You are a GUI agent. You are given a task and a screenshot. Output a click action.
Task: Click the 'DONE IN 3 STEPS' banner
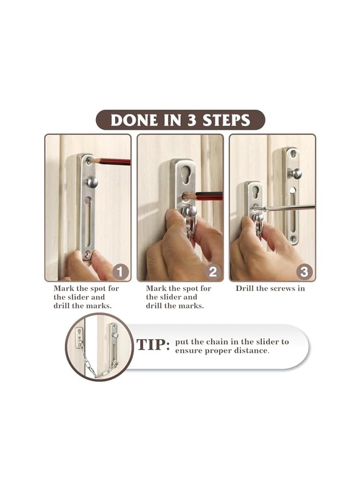pyautogui.click(x=180, y=120)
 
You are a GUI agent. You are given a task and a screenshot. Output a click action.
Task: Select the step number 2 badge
pyautogui.click(x=212, y=271)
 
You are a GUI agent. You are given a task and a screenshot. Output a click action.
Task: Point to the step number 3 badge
pyautogui.click(x=304, y=271)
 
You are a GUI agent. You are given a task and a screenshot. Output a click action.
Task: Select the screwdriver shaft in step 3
pyautogui.click(x=289, y=207)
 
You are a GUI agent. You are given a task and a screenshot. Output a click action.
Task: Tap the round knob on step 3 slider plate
pyautogui.click(x=295, y=173)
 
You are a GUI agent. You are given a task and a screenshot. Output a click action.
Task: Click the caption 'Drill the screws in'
pyautogui.click(x=270, y=288)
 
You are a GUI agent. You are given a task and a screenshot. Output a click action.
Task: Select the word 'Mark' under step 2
pyautogui.click(x=157, y=288)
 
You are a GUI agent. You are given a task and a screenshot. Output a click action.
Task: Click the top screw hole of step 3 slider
pyautogui.click(x=292, y=154)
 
